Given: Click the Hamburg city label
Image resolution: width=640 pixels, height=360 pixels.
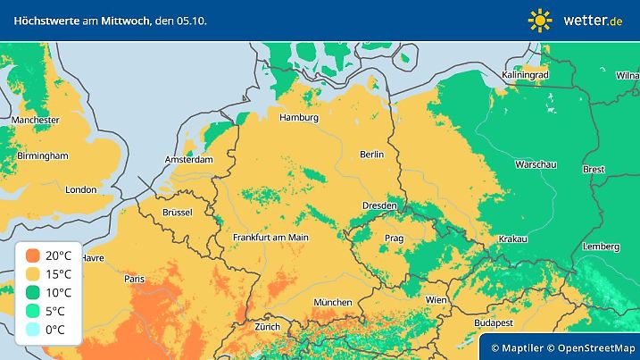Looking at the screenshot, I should tap(299, 118).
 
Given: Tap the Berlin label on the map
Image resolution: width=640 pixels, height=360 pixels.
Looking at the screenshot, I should tap(371, 155).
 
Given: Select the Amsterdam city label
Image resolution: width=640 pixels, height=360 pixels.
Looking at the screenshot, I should tap(188, 160).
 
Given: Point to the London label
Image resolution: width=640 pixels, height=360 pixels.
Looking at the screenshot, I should tap(80, 189).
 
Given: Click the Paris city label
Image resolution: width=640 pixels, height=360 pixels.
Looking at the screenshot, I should tap(135, 280).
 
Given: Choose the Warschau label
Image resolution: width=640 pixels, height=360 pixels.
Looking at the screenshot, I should tap(536, 165).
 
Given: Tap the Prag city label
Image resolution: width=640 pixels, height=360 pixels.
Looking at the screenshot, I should tap(394, 239).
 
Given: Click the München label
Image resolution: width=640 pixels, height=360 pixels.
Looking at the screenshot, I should tap(332, 303).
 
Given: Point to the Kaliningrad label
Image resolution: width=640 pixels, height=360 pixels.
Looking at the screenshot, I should tap(525, 76).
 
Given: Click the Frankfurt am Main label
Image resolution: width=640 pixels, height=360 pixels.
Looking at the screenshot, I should tap(270, 238).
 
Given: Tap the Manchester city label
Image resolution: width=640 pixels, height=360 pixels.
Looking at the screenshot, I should tap(36, 120).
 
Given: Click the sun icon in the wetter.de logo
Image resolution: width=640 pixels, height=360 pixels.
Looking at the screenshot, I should tap(540, 20).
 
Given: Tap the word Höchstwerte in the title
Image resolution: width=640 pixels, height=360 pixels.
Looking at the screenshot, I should tap(43, 19).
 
